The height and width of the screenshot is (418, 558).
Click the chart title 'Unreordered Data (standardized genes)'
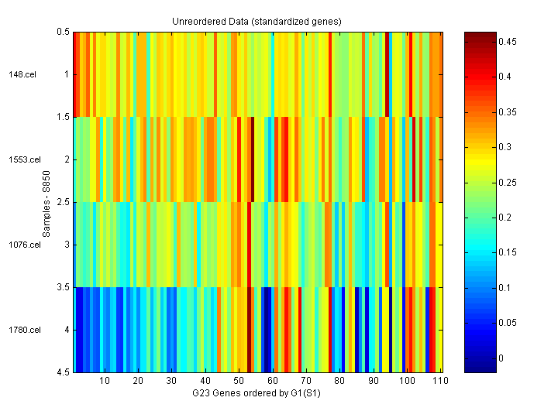click(x=257, y=21)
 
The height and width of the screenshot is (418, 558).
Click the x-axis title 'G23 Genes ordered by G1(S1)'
click(x=257, y=394)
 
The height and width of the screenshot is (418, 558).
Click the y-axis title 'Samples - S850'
click(x=46, y=203)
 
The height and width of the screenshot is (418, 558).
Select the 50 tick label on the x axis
click(x=239, y=382)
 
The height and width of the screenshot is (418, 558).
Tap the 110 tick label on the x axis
click(x=439, y=382)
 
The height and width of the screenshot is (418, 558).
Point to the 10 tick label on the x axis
click(x=105, y=382)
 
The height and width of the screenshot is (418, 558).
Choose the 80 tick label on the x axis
click(x=339, y=382)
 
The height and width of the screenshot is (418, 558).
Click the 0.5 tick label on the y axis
click(x=63, y=33)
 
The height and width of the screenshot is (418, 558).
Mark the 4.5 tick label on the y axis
click(x=63, y=373)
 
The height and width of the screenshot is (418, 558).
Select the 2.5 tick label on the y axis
click(x=63, y=203)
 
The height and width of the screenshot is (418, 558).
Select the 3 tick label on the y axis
click(x=67, y=245)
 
